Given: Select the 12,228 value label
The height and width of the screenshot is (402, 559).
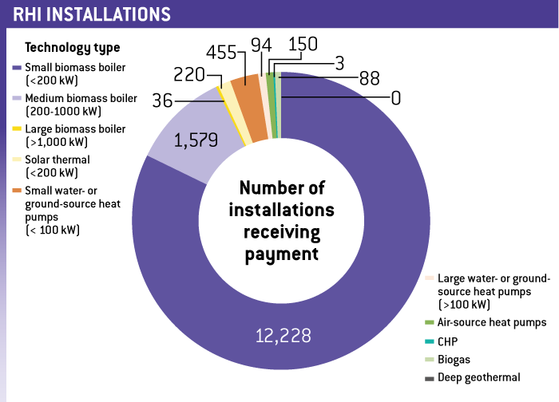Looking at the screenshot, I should pos(283,333).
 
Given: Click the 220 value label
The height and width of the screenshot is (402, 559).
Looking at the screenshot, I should pos(189,76).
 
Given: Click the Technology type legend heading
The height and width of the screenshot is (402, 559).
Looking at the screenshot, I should pos(73,48).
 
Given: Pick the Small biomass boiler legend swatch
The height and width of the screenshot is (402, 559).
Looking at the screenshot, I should pos(18,68).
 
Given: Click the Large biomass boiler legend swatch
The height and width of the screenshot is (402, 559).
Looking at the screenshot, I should pos(18,128).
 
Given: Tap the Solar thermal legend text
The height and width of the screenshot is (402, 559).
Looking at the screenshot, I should pos(57,160).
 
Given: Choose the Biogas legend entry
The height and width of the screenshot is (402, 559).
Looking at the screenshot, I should pos(455,359).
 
